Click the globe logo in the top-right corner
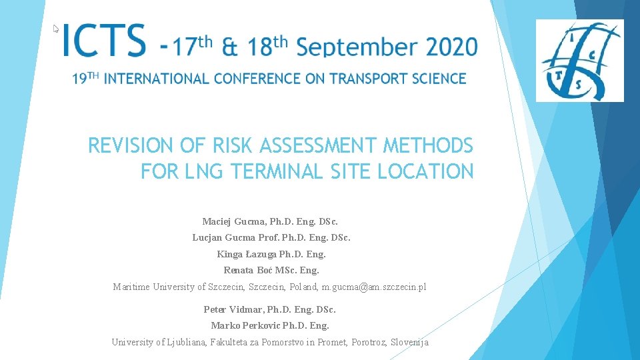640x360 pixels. [579, 60]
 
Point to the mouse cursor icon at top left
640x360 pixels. [57, 29]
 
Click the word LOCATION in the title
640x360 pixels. [425, 171]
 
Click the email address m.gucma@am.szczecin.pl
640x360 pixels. [374, 287]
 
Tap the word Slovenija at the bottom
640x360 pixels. [409, 343]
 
